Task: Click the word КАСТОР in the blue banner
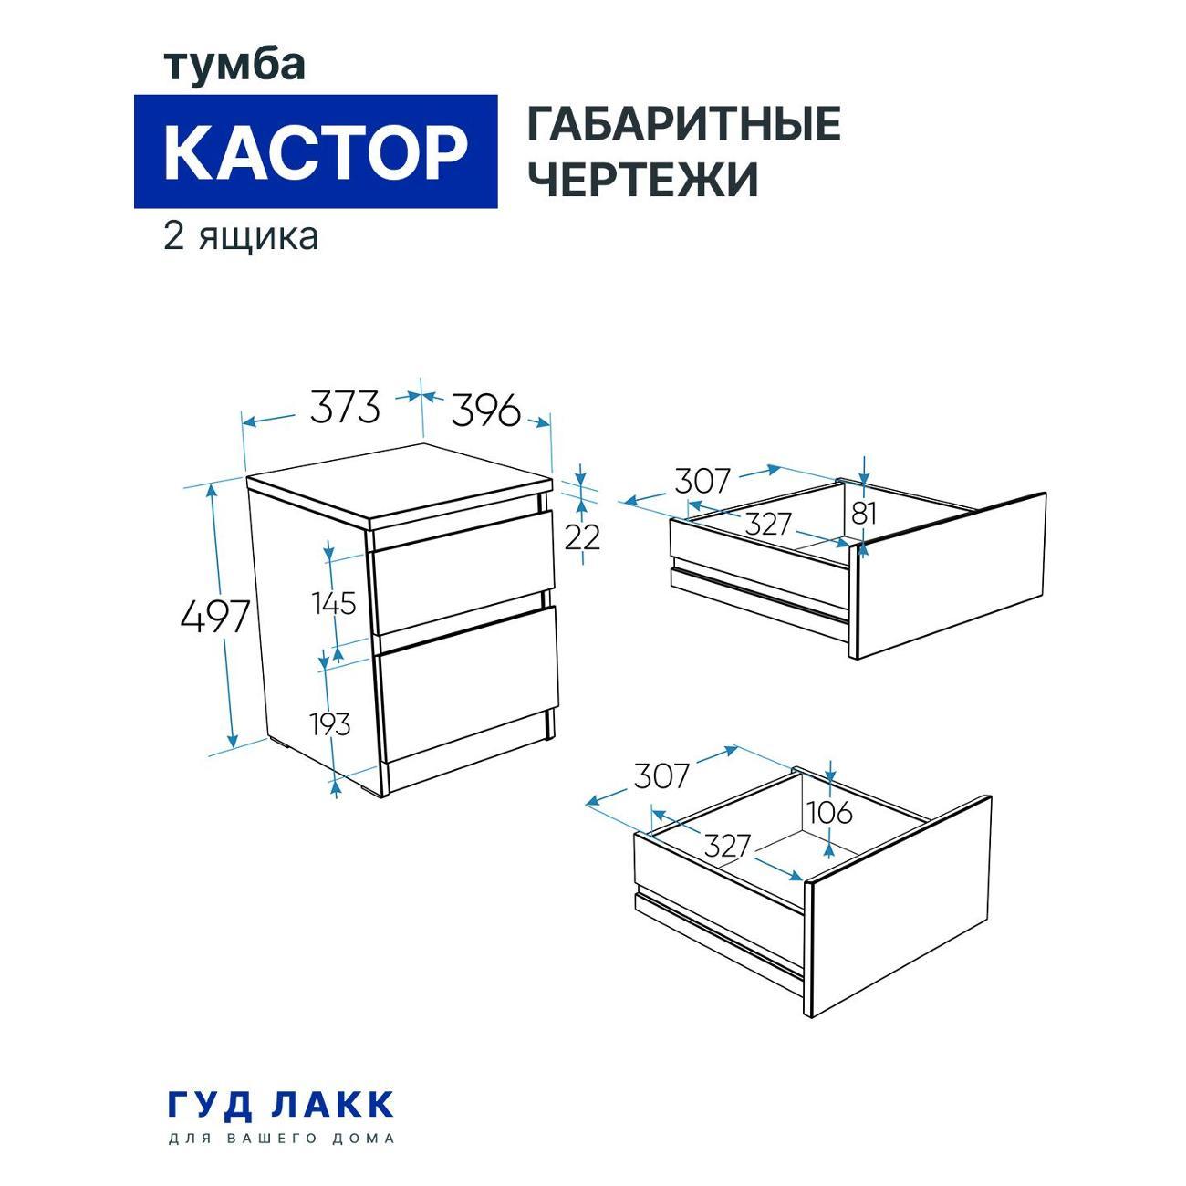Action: [315, 152]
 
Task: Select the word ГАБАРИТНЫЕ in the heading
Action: [683, 125]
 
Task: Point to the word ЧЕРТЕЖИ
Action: [643, 180]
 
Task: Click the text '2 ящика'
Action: [241, 236]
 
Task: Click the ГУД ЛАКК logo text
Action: [281, 1104]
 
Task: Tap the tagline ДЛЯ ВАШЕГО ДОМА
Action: [282, 1139]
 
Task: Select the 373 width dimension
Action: [344, 407]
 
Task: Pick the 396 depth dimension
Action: [484, 410]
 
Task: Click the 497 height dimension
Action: [214, 619]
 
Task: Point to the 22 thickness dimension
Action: [582, 537]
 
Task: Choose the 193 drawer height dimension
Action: [329, 724]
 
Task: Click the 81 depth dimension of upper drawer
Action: [863, 513]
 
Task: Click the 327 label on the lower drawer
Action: [726, 846]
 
